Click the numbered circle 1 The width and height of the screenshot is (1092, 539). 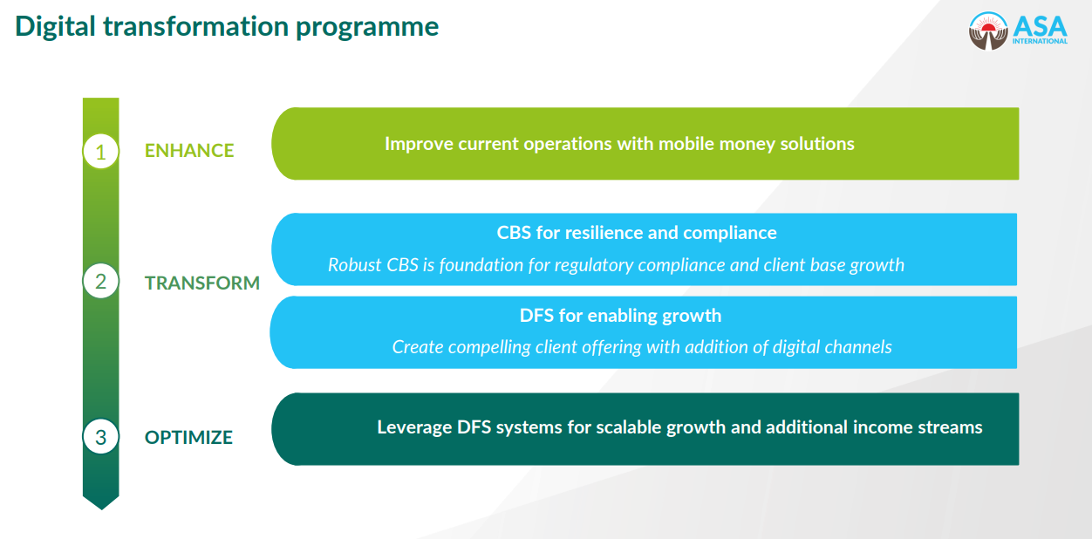point(100,152)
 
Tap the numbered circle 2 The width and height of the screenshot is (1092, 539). point(100,282)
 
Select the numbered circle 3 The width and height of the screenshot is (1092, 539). point(100,436)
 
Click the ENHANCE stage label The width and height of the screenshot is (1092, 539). point(189,151)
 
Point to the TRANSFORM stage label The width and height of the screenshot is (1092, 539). point(202,283)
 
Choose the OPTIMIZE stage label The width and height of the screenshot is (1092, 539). point(188,437)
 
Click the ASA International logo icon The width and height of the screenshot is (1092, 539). point(987,31)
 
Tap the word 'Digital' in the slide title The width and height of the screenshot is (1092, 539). point(54,27)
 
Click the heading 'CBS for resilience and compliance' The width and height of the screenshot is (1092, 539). point(637,233)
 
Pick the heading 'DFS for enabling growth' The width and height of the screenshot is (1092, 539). point(620,315)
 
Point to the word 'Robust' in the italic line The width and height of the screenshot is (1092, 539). point(354,264)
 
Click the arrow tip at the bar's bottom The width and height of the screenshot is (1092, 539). point(100,504)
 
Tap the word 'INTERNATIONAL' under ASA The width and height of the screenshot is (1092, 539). point(1040,41)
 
